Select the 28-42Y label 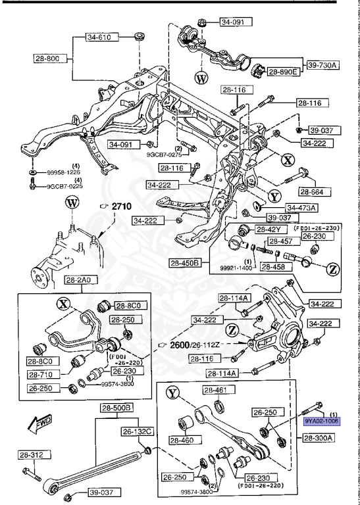tap(269, 229)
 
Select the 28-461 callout tap(215, 390)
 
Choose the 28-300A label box tap(319, 437)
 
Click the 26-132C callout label tap(136, 432)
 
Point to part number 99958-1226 tap(65, 173)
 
